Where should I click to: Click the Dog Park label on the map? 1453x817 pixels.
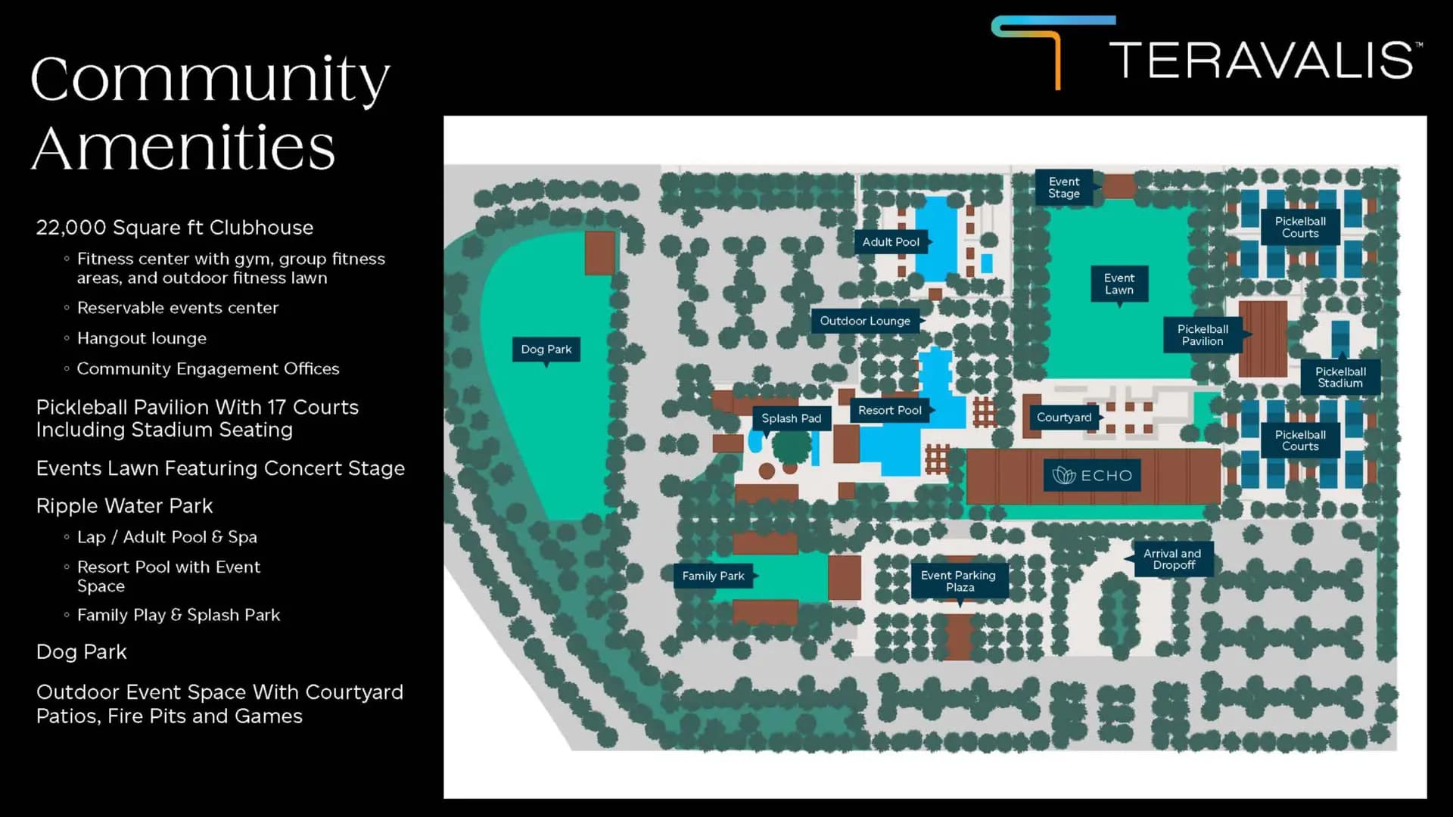coord(546,349)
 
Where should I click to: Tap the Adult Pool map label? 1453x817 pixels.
coord(891,242)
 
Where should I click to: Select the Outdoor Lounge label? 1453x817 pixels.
coord(865,321)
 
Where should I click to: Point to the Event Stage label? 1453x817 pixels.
coord(1064,188)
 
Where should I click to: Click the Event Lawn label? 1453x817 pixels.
coord(1119,284)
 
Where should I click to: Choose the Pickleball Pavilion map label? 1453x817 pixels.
coord(1203,335)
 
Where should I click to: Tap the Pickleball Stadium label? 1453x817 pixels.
coord(1340,377)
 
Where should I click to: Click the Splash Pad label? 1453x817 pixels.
coord(791,418)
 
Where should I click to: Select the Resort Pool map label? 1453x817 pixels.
coord(890,410)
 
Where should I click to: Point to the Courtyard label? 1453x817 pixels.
coord(1064,418)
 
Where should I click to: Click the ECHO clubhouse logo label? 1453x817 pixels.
coord(1092,476)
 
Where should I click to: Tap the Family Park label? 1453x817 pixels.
coord(713,576)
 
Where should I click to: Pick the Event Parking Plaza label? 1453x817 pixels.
coord(959,581)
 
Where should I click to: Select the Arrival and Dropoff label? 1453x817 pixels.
coord(1173,559)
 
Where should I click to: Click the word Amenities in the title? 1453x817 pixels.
coord(183,148)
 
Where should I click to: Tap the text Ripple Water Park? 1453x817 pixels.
coord(124,505)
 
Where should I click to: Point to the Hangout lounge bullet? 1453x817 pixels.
coord(142,338)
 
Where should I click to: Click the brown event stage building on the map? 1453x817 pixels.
coord(1119,185)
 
